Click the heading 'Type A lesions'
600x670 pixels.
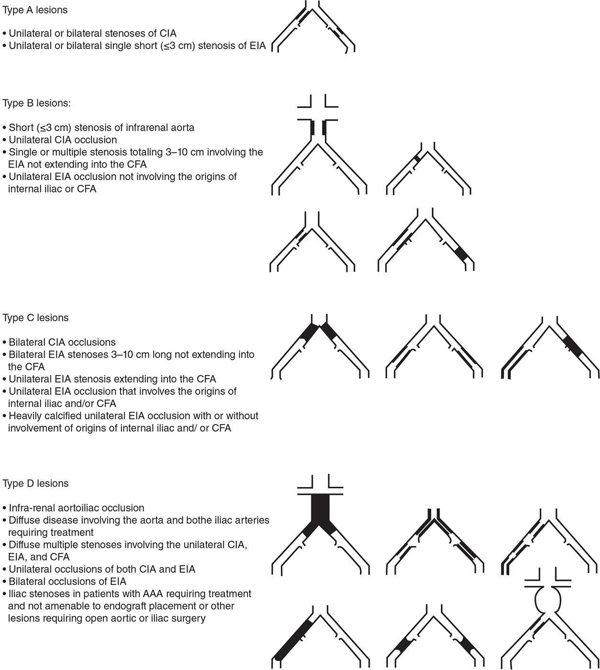coord(35,10)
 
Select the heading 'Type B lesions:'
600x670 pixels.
coord(37,103)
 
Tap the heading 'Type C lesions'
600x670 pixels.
coord(35,318)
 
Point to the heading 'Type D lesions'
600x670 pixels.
coord(35,483)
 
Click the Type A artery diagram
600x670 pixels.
coord(315,29)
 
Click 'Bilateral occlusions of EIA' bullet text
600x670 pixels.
coord(67,581)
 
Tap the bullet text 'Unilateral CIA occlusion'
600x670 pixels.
coord(63,140)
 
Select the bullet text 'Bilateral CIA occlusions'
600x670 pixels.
coord(62,342)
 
